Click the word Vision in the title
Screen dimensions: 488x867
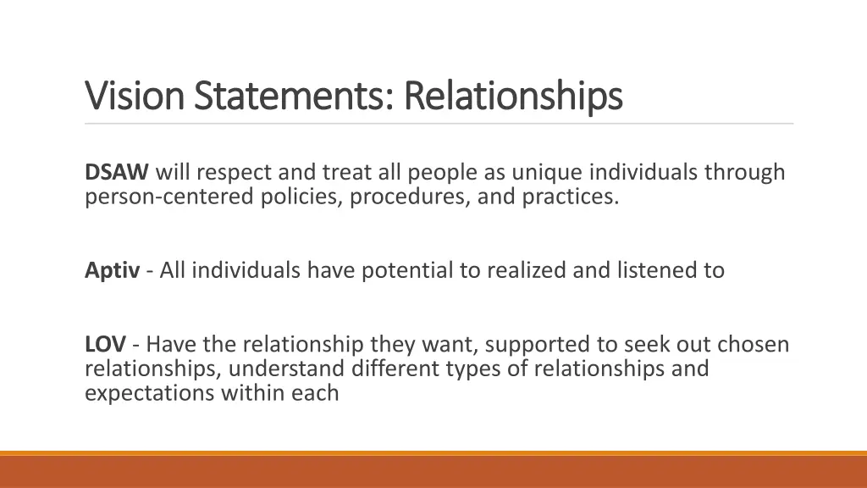(x=136, y=96)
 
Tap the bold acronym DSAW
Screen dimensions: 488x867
(x=117, y=173)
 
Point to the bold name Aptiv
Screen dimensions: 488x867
(x=112, y=270)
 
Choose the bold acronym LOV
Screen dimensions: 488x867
(x=105, y=345)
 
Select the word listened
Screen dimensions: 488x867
(x=654, y=270)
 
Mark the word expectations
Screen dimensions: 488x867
(x=150, y=393)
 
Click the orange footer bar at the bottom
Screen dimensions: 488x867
(x=433, y=471)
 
